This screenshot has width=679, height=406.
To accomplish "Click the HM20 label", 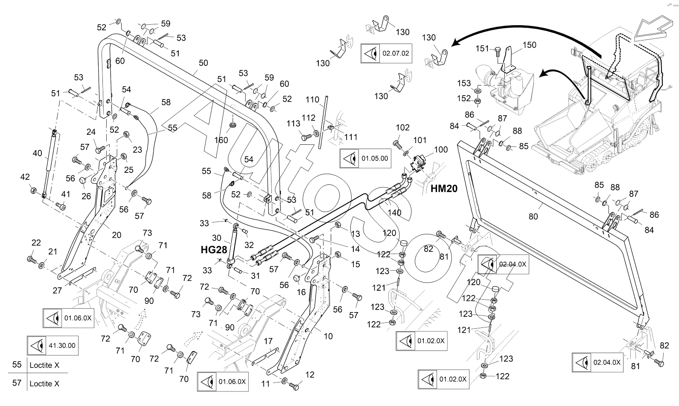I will [x=444, y=188].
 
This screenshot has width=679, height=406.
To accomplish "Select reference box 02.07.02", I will [x=386, y=53].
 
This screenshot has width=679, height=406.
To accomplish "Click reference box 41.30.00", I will [x=52, y=345].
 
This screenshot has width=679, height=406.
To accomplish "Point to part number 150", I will [x=529, y=45].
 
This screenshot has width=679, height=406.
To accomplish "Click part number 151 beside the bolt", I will [x=483, y=49].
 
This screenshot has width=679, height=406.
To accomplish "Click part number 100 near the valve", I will [x=441, y=149].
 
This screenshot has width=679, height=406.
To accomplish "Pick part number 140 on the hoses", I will [x=395, y=212].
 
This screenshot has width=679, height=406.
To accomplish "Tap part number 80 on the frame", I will [x=533, y=216].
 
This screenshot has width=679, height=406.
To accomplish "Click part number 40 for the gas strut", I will [x=38, y=153].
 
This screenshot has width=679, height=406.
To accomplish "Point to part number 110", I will [x=312, y=99].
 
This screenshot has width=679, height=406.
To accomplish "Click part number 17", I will [x=268, y=341].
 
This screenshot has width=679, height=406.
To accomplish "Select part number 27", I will [x=58, y=291].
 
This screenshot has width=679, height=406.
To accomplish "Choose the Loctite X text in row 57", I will [x=44, y=384].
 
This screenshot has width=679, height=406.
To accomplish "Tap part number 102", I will [x=402, y=127].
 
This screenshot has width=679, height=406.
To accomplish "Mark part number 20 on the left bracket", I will [x=116, y=235].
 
